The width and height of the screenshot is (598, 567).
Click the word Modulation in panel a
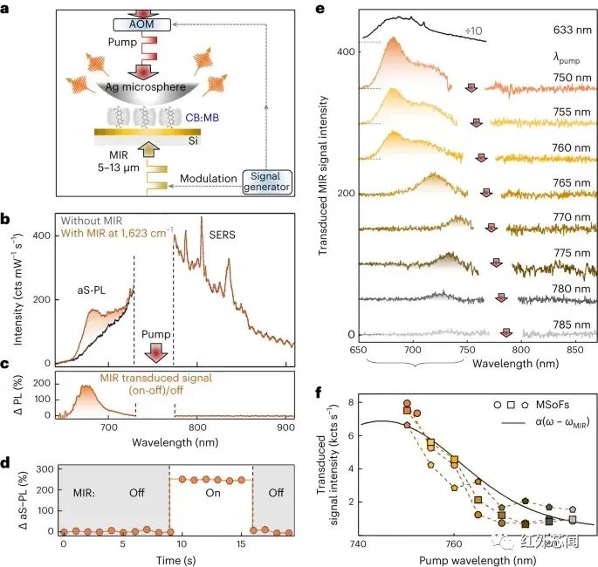click(x=210, y=180)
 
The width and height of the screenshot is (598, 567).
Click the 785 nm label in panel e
click(x=567, y=325)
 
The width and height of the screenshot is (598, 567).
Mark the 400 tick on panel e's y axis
click(x=347, y=51)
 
